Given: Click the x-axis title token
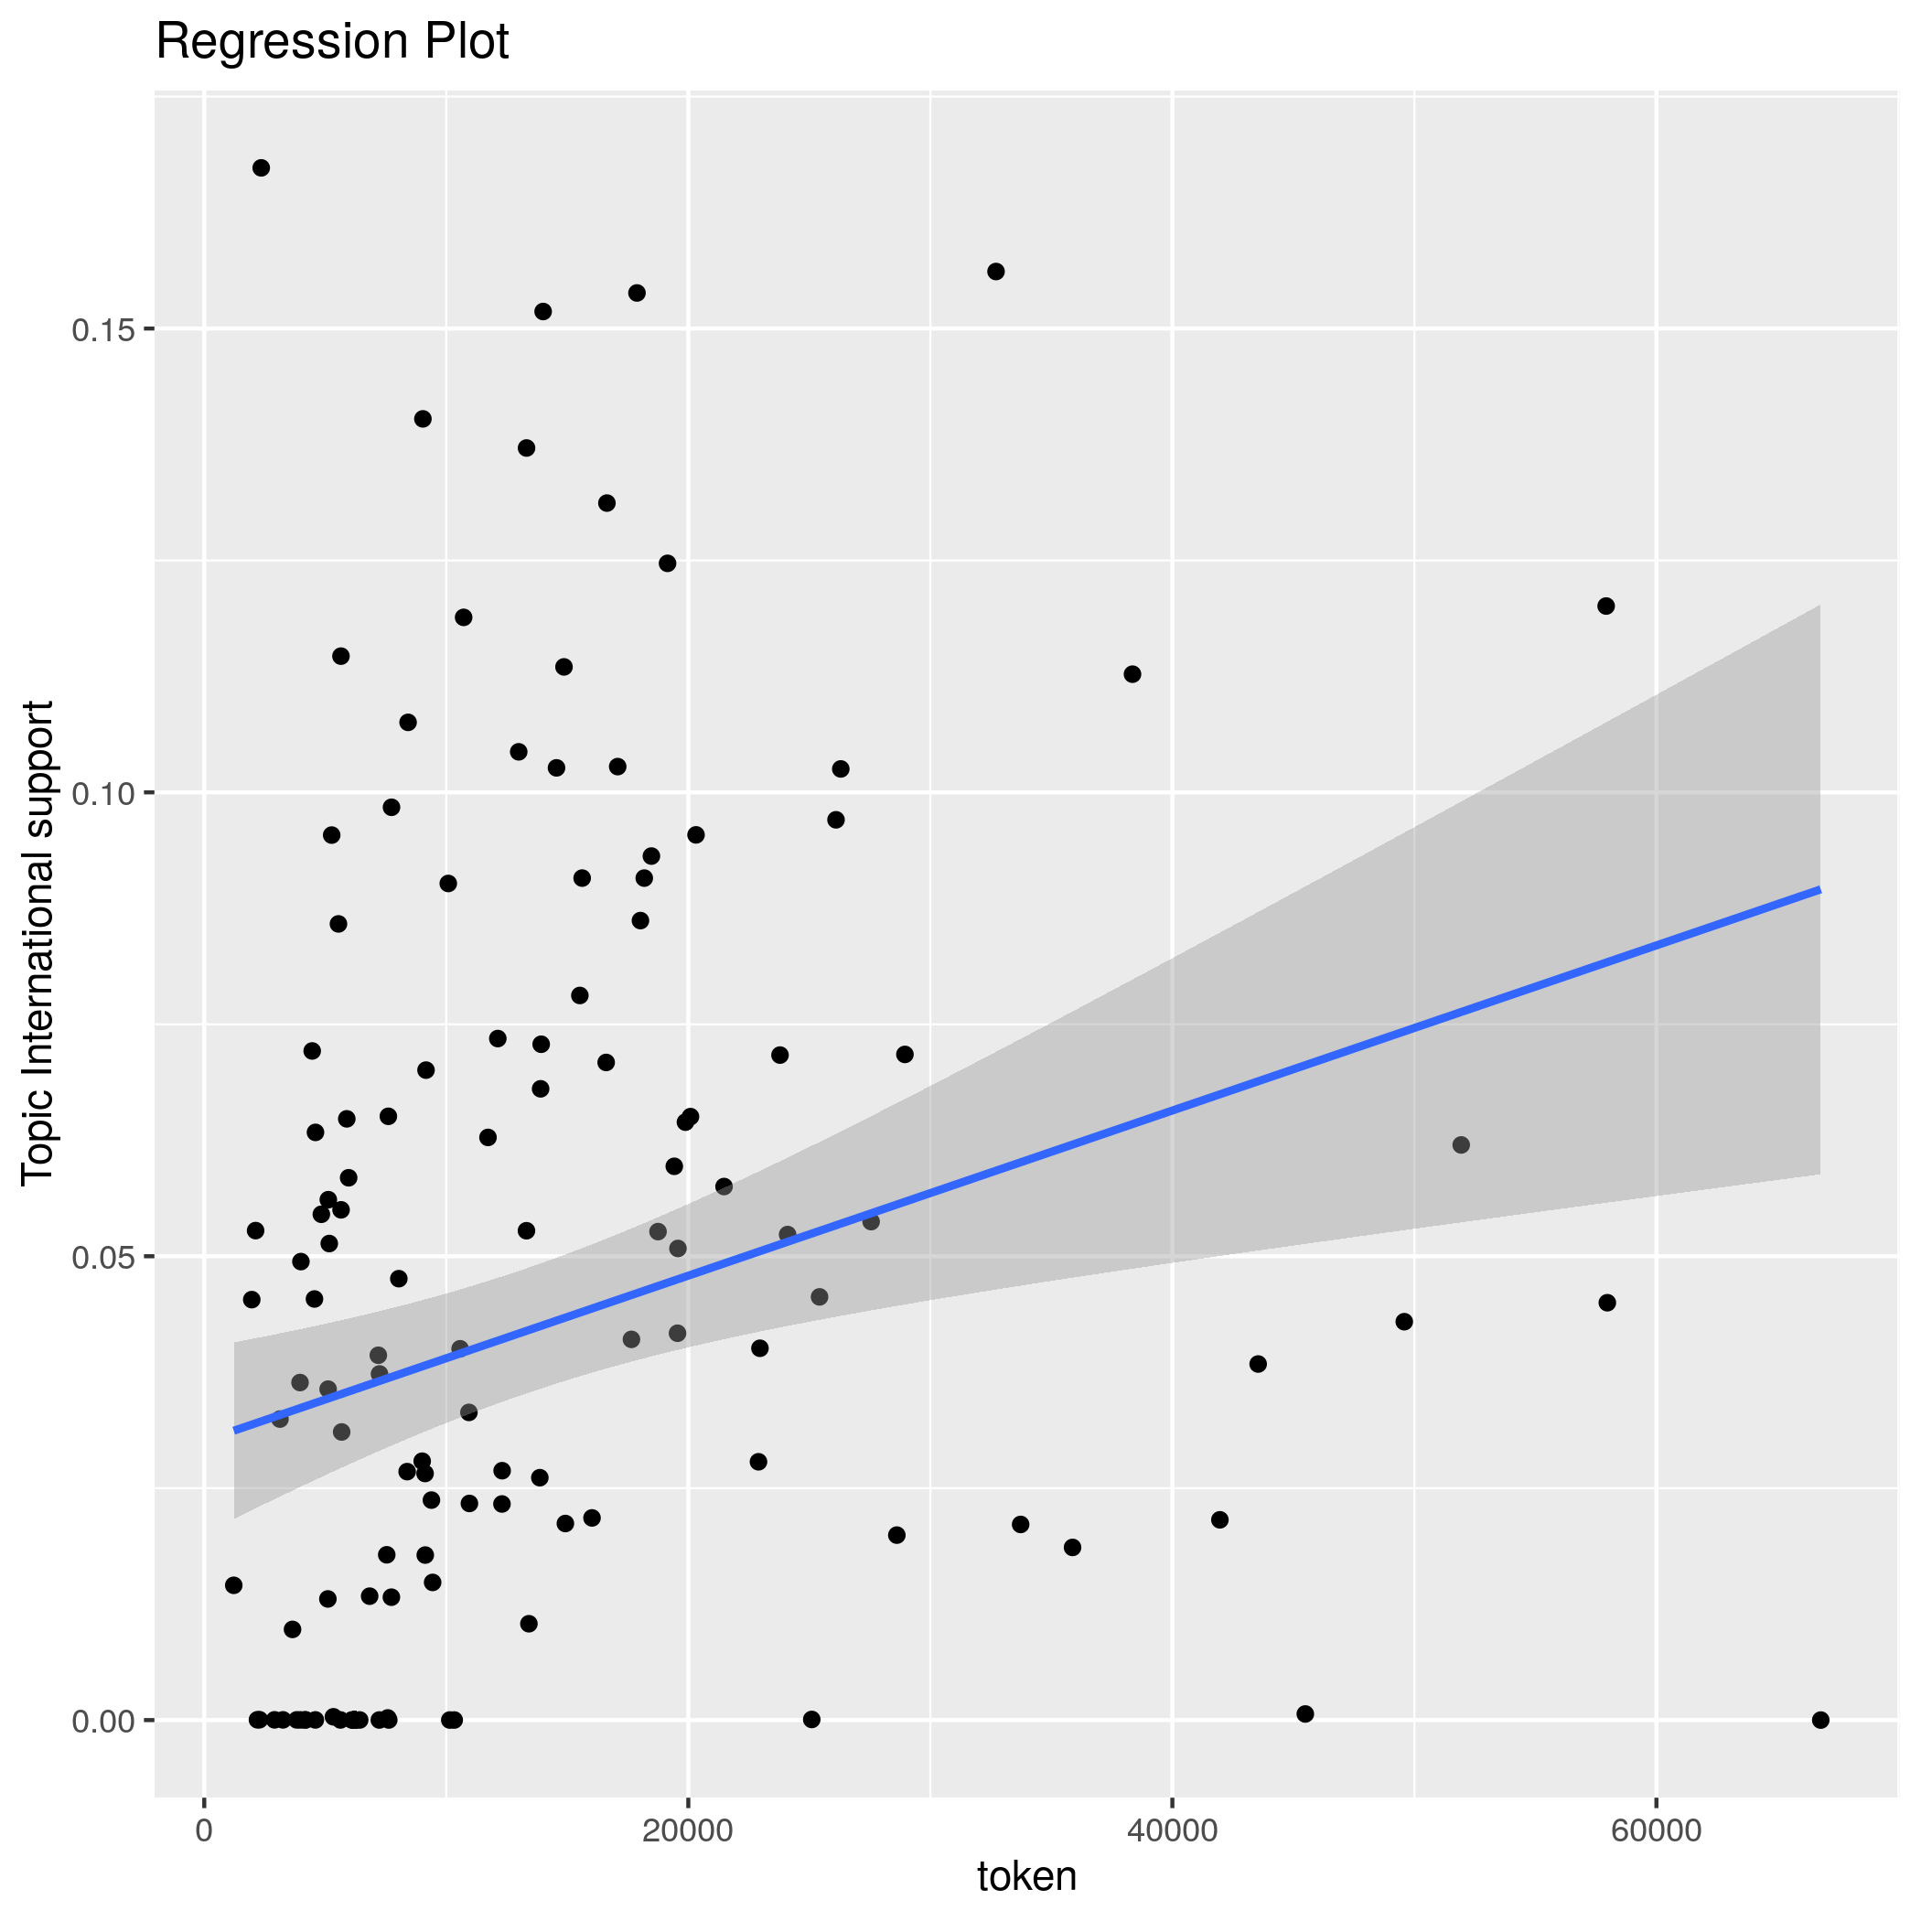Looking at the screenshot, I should point(1027,1876).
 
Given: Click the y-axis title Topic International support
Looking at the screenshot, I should point(38,942).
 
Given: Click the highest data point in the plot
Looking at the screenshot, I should point(262,168).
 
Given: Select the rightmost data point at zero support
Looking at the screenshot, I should point(1820,1720).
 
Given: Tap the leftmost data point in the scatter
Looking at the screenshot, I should point(233,1585).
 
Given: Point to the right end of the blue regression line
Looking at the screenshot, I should point(1819,889).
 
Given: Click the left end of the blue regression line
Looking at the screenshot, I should point(235,1431).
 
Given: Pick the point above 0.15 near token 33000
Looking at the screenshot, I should point(995,272).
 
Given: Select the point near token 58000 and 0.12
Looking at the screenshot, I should point(1605,606).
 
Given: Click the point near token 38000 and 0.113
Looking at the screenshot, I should point(1132,674).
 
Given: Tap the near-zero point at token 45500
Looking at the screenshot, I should point(1305,1713).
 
